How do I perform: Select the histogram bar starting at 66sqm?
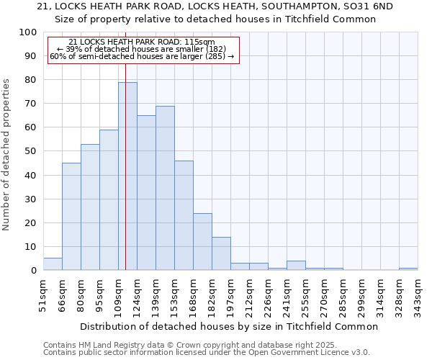point(71,216)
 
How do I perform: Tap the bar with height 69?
point(165,188)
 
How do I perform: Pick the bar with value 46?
point(184,215)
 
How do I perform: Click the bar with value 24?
point(202,242)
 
